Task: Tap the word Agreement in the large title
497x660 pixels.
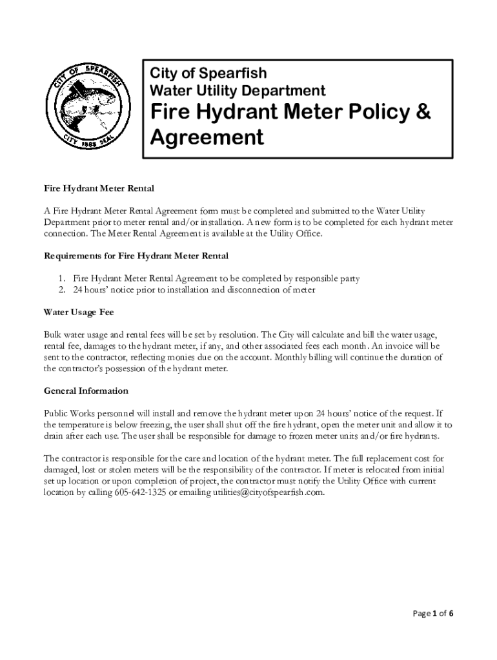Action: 207,137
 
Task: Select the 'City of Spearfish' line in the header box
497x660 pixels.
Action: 208,72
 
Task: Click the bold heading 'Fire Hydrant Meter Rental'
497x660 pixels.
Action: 99,188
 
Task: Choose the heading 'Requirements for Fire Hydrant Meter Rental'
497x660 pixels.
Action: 136,256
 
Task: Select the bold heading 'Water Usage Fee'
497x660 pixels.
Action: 78,313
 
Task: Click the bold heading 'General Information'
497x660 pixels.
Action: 86,391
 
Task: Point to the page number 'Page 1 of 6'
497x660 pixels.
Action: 432,613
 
